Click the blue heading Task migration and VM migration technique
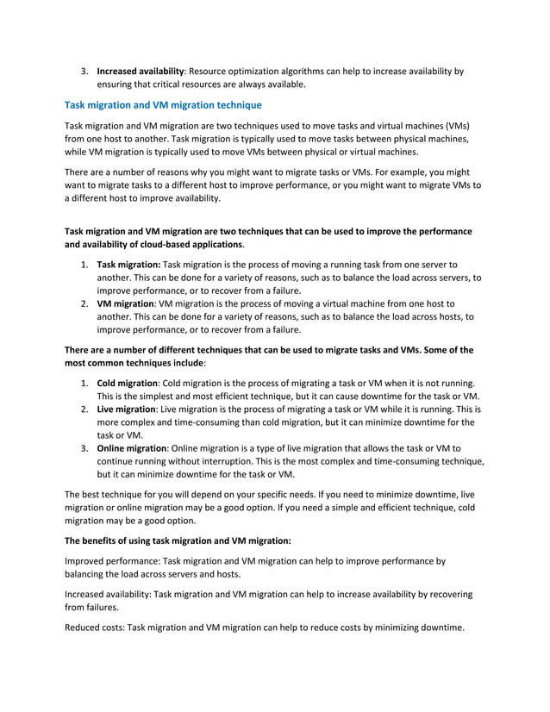click(164, 105)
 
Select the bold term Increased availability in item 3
click(141, 71)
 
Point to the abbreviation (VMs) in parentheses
click(465, 126)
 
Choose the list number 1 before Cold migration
click(84, 382)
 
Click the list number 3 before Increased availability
click(84, 71)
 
